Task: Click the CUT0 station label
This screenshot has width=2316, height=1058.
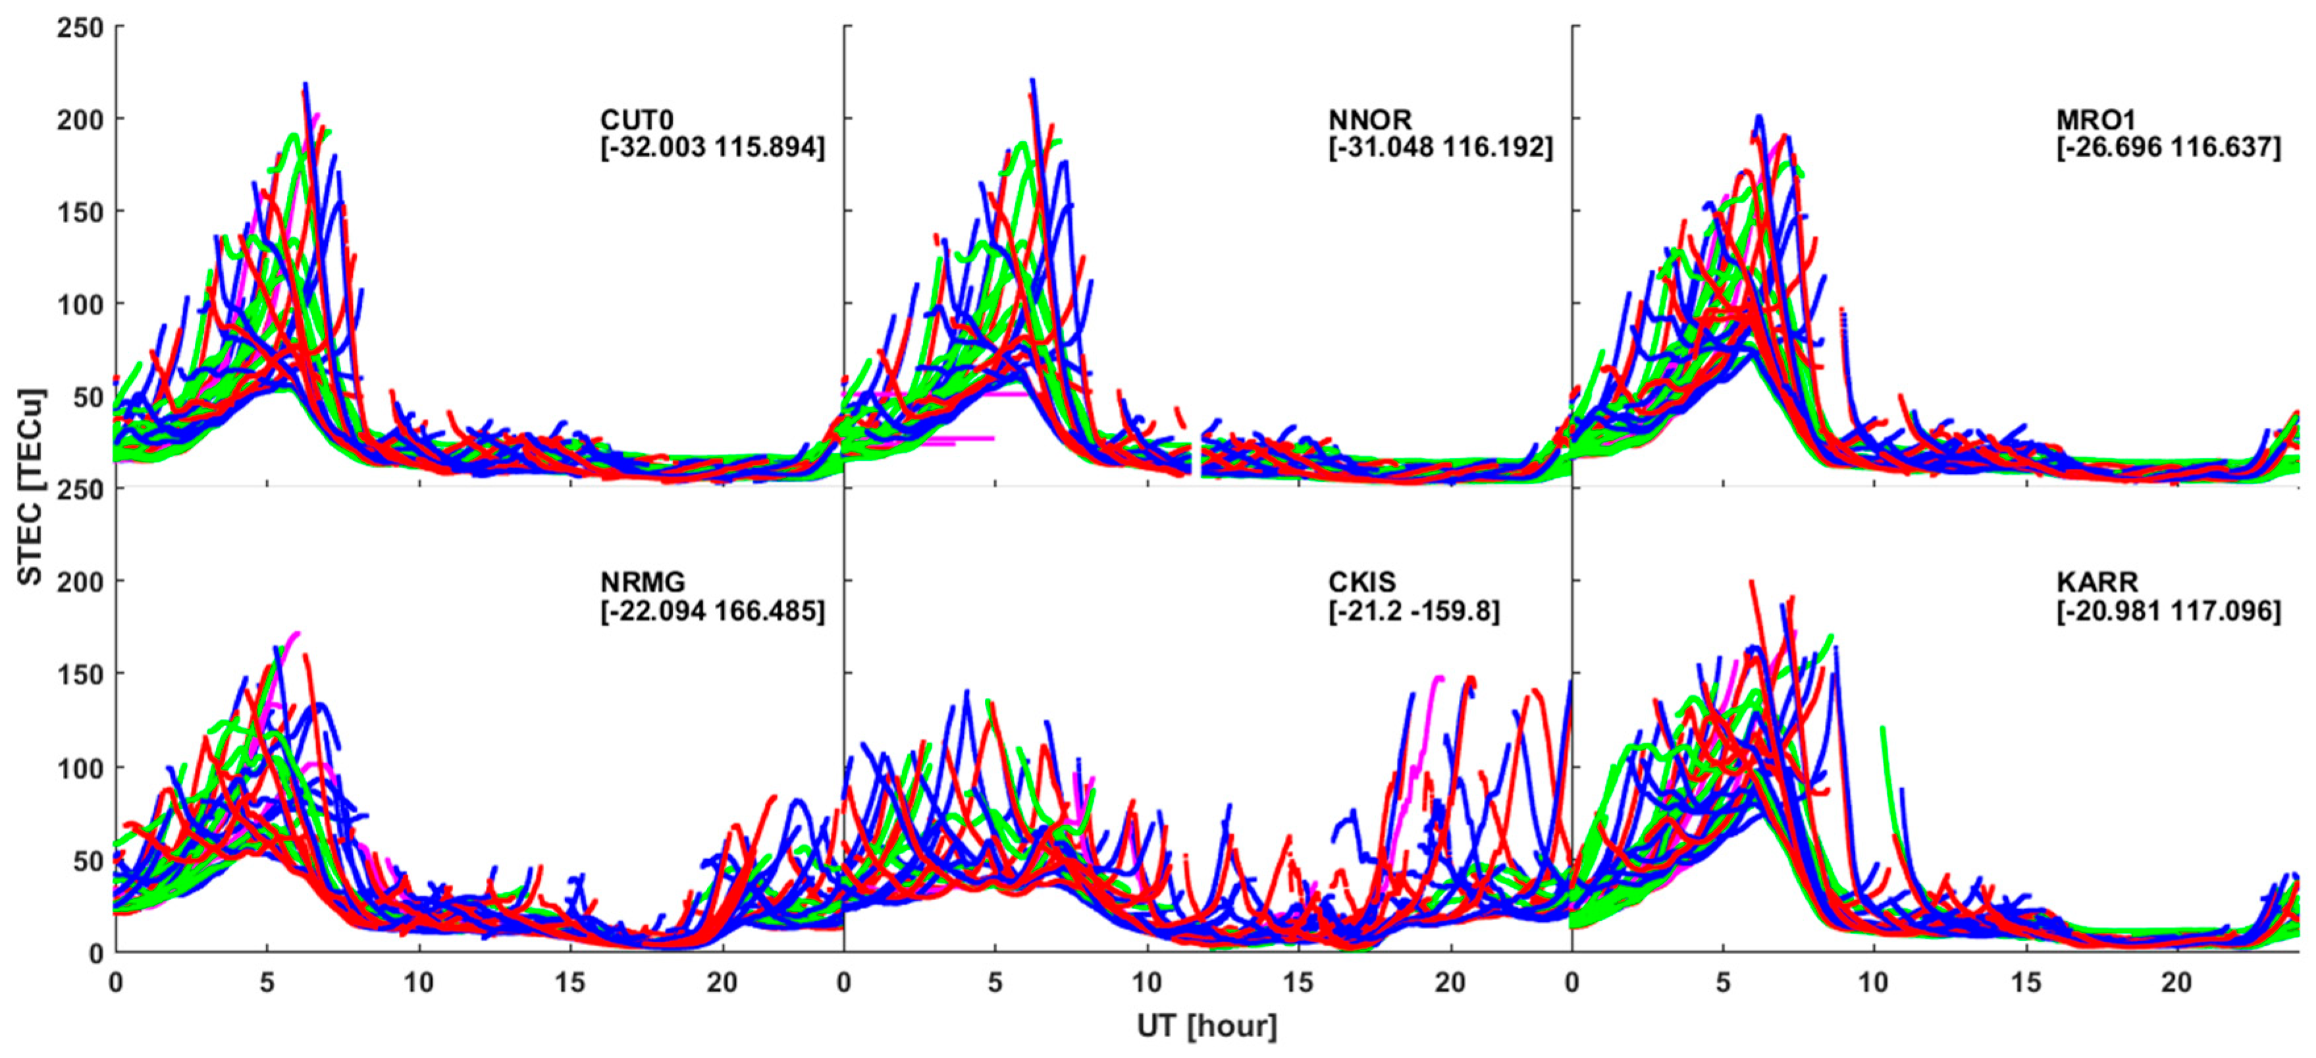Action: (x=637, y=120)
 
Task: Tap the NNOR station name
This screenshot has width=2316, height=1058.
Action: (x=1369, y=120)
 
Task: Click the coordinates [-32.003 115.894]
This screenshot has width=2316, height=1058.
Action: (x=712, y=147)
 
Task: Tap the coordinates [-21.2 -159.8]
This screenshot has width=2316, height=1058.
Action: (x=1413, y=611)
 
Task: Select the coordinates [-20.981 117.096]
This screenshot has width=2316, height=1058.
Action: (x=2168, y=611)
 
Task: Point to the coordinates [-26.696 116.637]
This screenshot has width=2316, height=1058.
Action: (x=2168, y=147)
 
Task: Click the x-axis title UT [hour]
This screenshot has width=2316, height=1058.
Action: (x=1207, y=1026)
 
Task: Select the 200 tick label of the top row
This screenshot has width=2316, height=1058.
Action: (x=79, y=120)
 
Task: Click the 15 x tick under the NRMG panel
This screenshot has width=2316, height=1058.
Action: (x=570, y=982)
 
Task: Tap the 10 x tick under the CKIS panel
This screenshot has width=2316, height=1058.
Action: (x=1146, y=982)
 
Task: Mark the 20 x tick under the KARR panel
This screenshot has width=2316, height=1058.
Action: (x=2176, y=982)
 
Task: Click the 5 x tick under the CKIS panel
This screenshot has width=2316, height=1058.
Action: (x=994, y=982)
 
